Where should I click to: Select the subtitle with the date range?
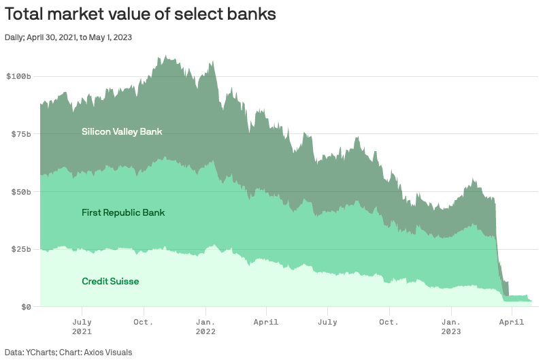pos(68,37)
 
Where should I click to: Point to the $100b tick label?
pos(19,76)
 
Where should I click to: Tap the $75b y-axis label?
pos(21,134)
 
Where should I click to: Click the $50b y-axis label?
pos(21,192)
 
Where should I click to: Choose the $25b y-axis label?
pos(21,249)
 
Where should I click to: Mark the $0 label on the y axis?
pos(26,307)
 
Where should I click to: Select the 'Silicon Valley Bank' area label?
pos(122,131)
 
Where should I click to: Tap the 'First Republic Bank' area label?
pos(123,213)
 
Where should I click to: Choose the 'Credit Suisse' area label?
pos(110,281)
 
